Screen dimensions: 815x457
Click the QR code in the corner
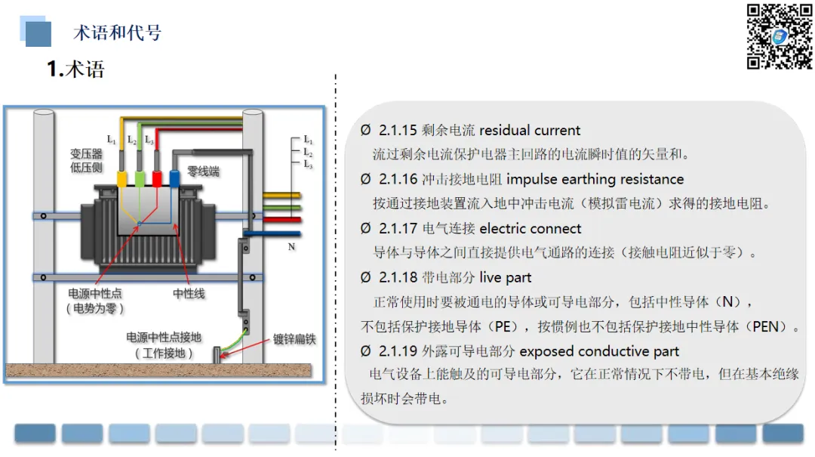(780, 36)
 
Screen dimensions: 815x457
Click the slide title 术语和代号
(117, 32)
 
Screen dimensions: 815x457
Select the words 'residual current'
(530, 130)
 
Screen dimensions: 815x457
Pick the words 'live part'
(505, 277)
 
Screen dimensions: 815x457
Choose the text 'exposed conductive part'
(599, 351)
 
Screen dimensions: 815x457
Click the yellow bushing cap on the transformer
(121, 178)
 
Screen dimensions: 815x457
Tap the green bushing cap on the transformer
(140, 178)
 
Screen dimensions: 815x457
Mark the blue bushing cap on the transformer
(174, 178)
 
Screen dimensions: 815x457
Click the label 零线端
(203, 172)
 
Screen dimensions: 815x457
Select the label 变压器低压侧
(86, 161)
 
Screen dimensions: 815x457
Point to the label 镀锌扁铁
(294, 339)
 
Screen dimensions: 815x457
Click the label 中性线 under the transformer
(189, 293)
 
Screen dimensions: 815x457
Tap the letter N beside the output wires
(291, 246)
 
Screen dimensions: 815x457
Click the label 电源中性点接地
(164, 338)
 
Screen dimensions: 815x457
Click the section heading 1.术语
(75, 69)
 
